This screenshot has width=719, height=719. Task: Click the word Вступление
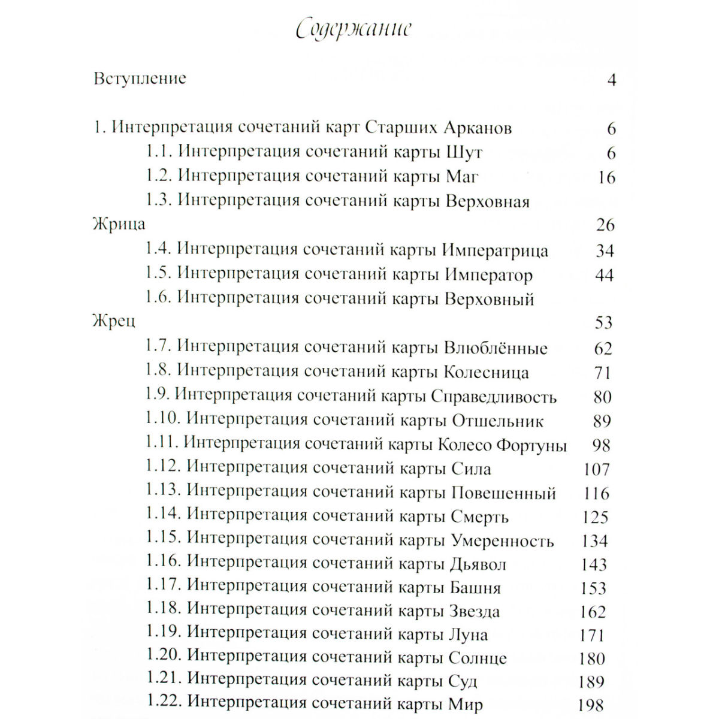[140, 78]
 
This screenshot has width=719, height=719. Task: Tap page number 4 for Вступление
[611, 80]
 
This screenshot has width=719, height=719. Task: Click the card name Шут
[464, 152]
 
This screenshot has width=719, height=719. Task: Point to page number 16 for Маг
[606, 177]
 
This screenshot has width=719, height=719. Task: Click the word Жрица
[119, 225]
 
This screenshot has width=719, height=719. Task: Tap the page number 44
[605, 275]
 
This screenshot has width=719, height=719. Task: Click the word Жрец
[114, 322]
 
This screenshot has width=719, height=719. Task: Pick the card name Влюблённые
[496, 348]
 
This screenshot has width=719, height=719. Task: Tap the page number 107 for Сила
[596, 469]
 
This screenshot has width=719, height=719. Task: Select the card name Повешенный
[503, 493]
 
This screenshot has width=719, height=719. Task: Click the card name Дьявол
[478, 564]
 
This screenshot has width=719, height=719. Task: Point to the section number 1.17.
[164, 587]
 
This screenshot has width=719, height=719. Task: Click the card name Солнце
[478, 658]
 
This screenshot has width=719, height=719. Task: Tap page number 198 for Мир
[590, 706]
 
